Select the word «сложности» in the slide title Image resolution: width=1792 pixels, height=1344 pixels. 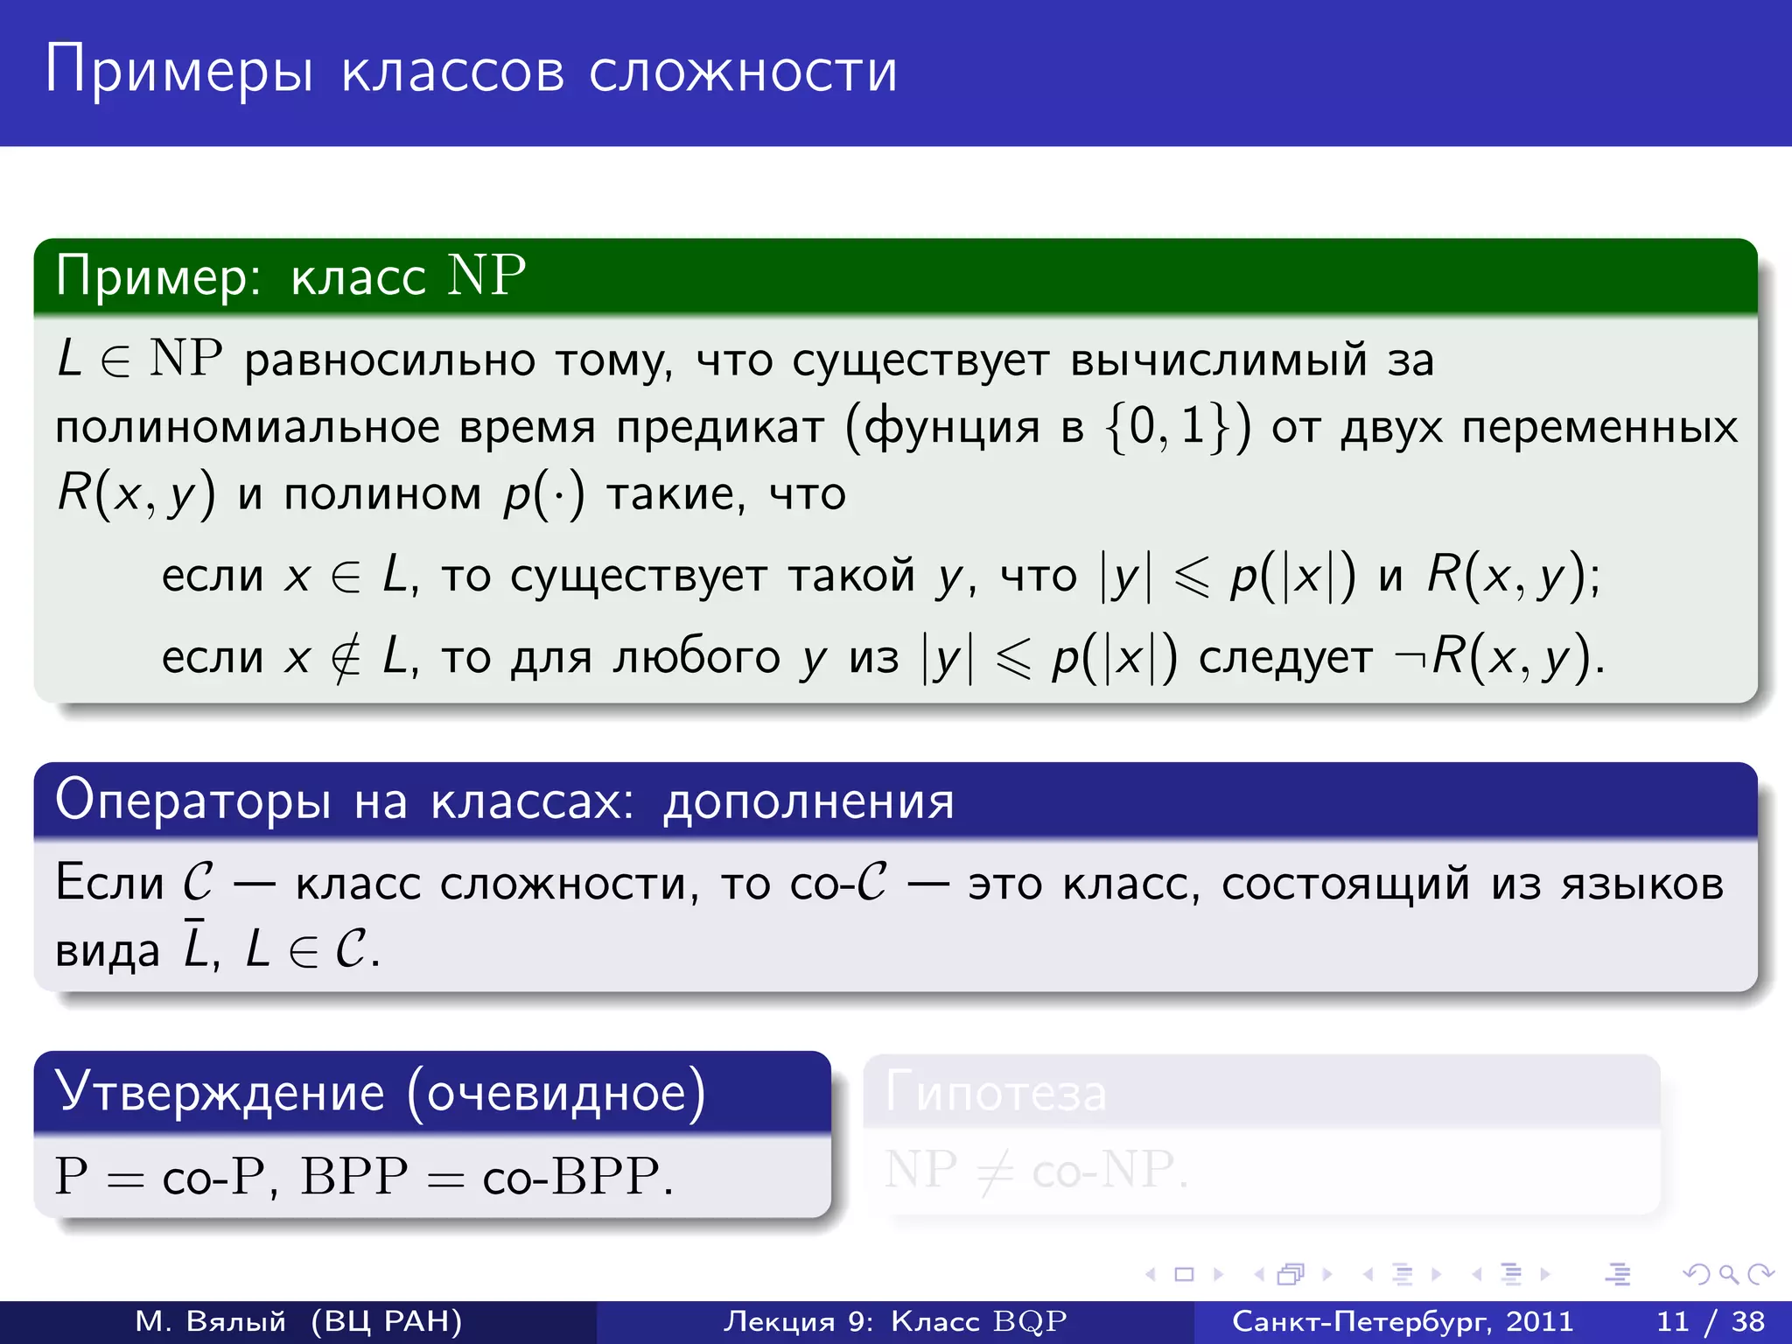743,72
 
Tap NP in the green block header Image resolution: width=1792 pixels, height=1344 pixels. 486,276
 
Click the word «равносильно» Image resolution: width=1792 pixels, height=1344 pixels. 389,360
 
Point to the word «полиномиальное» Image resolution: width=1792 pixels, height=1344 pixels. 248,428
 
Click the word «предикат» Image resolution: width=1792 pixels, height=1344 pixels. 720,428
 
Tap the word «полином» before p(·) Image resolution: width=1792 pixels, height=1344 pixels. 382,494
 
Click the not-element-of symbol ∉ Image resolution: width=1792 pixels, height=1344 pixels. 346,657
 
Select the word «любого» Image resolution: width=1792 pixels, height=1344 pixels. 696,657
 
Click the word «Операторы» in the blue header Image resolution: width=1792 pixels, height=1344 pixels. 193,800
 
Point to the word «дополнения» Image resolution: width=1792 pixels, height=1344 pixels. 808,801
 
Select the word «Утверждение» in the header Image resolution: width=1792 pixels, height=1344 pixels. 220,1093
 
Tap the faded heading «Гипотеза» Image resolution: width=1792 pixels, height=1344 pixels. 996,1094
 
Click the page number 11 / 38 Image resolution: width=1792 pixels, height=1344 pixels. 1710,1320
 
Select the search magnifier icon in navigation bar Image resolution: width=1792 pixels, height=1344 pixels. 1728,1274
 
